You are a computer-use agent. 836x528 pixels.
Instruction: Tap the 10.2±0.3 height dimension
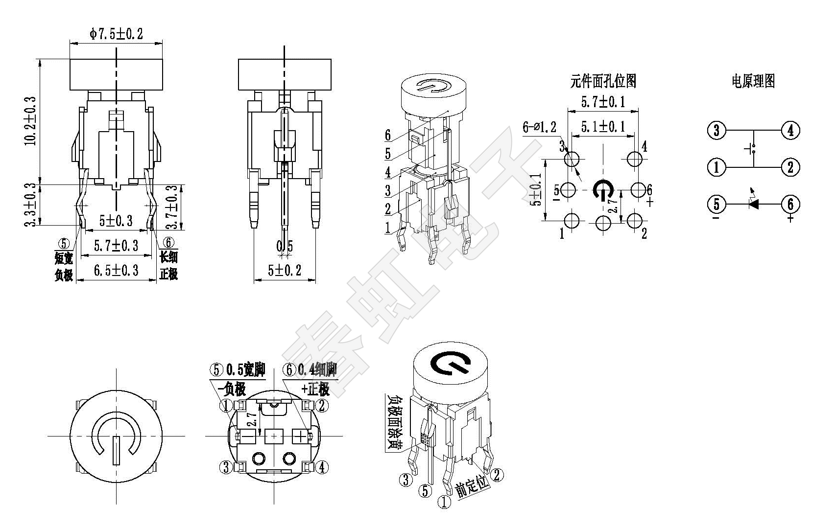[x=30, y=120]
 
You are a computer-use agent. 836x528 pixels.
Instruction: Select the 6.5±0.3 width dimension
[x=116, y=270]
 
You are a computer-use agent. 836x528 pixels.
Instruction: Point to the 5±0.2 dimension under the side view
[x=285, y=270]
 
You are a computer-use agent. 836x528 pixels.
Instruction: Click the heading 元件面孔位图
[x=603, y=81]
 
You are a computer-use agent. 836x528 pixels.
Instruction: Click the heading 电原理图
[x=753, y=81]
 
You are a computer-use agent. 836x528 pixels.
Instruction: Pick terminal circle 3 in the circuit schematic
[x=717, y=130]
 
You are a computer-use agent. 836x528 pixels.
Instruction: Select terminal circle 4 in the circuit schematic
[x=790, y=130]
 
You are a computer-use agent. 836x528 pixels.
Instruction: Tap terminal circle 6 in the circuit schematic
[x=790, y=204]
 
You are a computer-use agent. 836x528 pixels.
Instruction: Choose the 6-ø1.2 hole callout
[x=539, y=127]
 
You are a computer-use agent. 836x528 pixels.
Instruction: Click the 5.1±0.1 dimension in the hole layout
[x=603, y=126]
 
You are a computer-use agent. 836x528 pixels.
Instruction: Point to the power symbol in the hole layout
[x=602, y=190]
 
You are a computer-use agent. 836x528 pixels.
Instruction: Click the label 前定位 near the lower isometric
[x=473, y=486]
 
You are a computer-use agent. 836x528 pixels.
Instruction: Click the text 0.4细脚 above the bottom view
[x=318, y=369]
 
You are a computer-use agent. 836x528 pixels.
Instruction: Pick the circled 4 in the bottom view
[x=322, y=467]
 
